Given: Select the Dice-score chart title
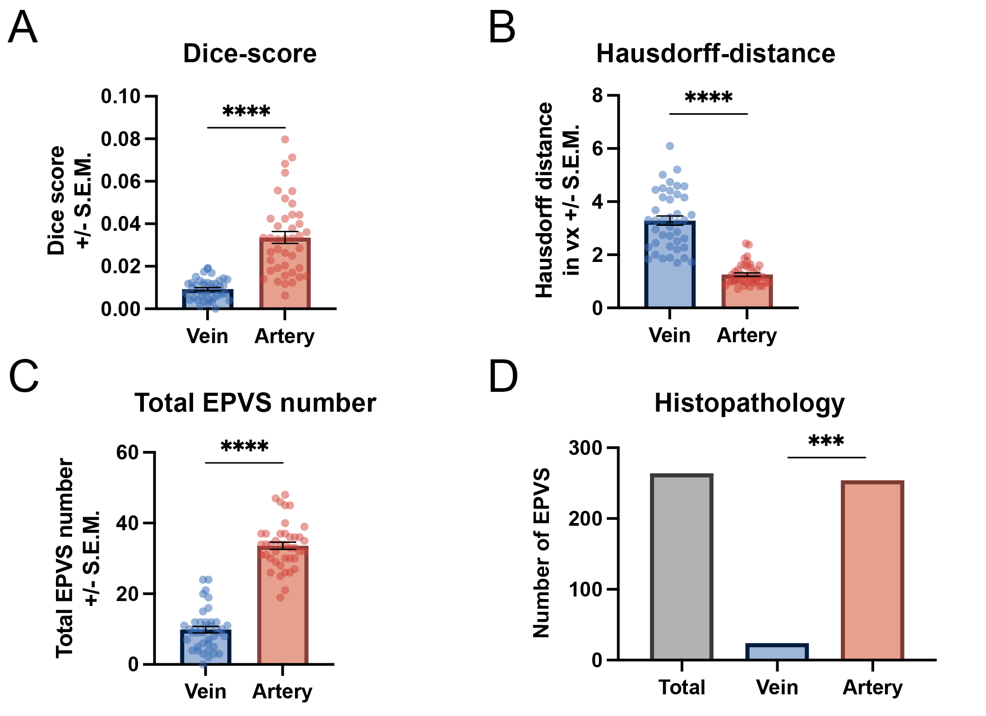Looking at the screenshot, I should pos(249,54).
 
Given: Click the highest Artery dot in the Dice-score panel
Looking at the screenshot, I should pos(285,139).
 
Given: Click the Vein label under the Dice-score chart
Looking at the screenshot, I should pos(207,336).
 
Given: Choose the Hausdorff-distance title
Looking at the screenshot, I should pos(715,54).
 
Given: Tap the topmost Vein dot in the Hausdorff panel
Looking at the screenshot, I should pos(670,146).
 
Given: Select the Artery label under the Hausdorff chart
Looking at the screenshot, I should pos(747,335).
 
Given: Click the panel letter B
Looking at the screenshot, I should pos(502,28).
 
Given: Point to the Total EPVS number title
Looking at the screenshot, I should pos(255,403).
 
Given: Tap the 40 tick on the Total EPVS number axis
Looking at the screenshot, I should pos(127,523).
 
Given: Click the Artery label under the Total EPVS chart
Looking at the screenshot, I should pos(282,692).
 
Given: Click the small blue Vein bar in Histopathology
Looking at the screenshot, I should pos(777,652).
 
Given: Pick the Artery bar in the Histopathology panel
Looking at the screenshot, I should pos(872,571).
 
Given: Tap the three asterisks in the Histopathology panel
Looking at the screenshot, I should pos(826,441).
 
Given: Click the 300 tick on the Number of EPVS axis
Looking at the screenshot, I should pos(585,448).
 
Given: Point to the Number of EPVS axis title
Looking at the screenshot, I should pos(542,553).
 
